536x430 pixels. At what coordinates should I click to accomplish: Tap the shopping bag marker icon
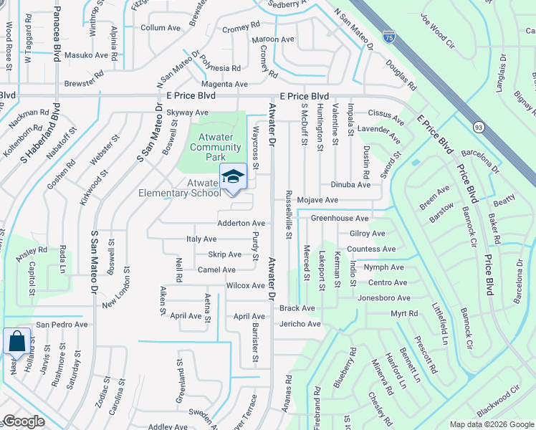click(x=16, y=342)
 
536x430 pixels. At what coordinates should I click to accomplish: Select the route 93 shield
click(x=477, y=126)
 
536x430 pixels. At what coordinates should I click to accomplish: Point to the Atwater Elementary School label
click(x=204, y=188)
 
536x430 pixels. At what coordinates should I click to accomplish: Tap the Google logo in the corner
click(x=24, y=422)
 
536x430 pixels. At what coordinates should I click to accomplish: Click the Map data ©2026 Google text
click(x=492, y=424)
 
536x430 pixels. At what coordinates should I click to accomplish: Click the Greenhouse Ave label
click(x=339, y=218)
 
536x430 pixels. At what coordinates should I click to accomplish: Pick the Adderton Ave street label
click(x=241, y=224)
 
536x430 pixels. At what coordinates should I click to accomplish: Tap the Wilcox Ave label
click(x=245, y=285)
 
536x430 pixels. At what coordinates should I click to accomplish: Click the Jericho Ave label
click(x=300, y=324)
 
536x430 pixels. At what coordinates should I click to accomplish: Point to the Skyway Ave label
click(x=187, y=113)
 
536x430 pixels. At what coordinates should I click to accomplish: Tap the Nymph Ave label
click(x=385, y=267)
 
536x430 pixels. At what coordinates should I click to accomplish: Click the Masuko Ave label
click(x=86, y=54)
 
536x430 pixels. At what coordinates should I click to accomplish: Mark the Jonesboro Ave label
click(x=383, y=297)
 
